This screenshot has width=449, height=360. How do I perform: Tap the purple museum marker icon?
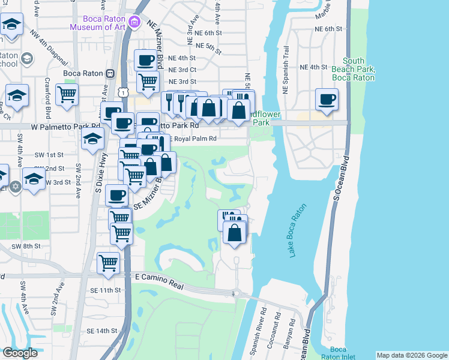click(x=135, y=24)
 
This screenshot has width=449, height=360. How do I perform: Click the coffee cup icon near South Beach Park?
click(x=327, y=100)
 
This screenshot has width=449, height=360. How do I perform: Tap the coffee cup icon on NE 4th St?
click(x=146, y=60)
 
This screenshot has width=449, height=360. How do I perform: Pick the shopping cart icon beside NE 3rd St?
click(x=148, y=82)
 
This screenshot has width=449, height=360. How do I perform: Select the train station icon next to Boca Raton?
click(x=110, y=74)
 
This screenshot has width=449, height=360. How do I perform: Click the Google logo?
click(x=20, y=352)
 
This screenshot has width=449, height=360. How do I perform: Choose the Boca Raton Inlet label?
click(x=339, y=353)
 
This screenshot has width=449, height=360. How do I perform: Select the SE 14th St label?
click(x=101, y=331)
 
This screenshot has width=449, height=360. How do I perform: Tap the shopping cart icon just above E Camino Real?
click(x=109, y=263)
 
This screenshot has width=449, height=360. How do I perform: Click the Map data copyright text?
click(x=411, y=355)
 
